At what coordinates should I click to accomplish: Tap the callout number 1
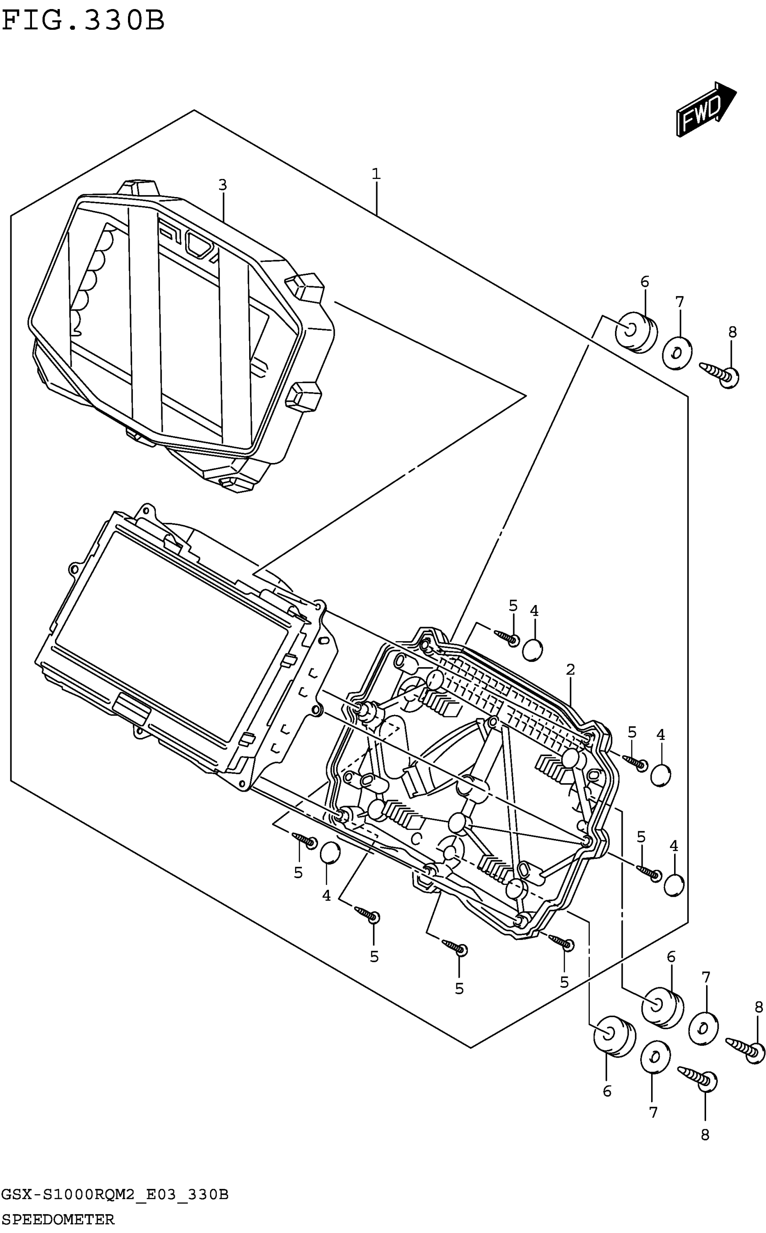click(x=375, y=174)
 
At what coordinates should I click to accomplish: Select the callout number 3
click(x=223, y=185)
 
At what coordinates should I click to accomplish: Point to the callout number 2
click(x=570, y=669)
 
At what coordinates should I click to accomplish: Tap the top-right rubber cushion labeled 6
click(x=636, y=332)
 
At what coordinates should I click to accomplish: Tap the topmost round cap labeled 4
click(x=532, y=650)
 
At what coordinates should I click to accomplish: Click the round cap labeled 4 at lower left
click(x=330, y=852)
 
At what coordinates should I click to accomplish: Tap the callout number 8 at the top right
click(x=732, y=332)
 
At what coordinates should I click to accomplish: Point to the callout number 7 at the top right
click(x=679, y=302)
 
